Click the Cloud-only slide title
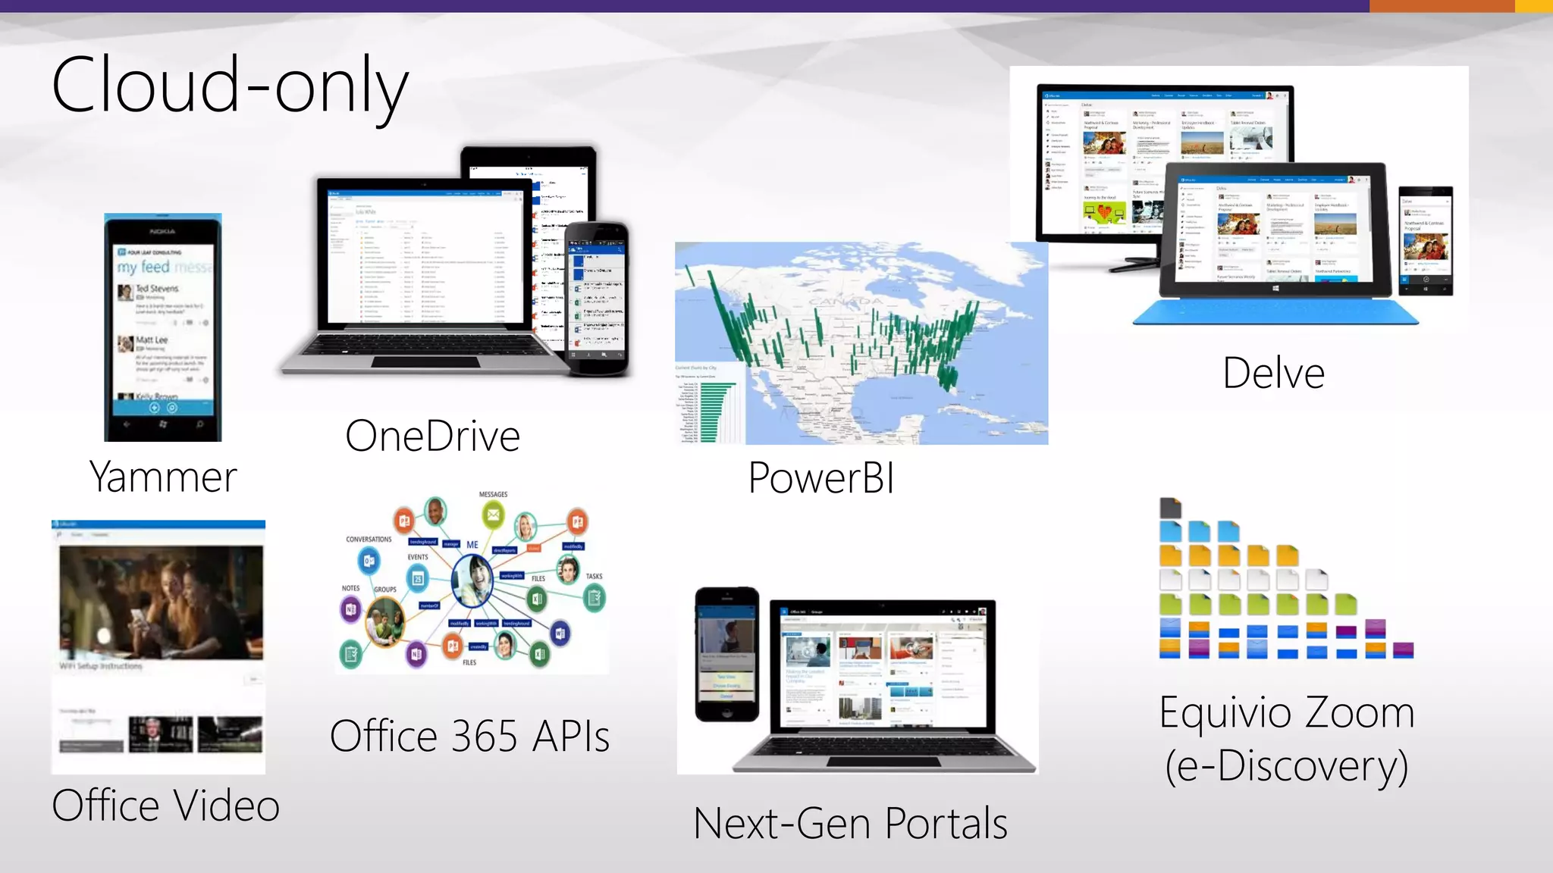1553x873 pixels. click(230, 85)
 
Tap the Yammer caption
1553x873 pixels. click(163, 477)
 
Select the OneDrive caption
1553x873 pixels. click(432, 436)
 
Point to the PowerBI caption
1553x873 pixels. click(821, 478)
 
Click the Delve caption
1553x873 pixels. click(1273, 373)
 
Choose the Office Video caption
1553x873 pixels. click(166, 805)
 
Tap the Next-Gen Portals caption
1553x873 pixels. click(850, 824)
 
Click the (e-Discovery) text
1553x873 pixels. click(1287, 766)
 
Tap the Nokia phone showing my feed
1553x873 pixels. click(163, 327)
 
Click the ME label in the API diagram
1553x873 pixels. click(472, 545)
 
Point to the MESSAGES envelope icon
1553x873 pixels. click(493, 515)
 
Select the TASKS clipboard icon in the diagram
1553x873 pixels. click(595, 599)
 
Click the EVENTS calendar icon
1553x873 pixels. click(418, 579)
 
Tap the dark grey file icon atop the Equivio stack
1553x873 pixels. click(1170, 508)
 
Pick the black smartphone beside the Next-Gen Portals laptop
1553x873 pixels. click(726, 654)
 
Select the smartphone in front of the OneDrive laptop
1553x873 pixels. click(598, 299)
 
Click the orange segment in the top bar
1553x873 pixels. click(1442, 6)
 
